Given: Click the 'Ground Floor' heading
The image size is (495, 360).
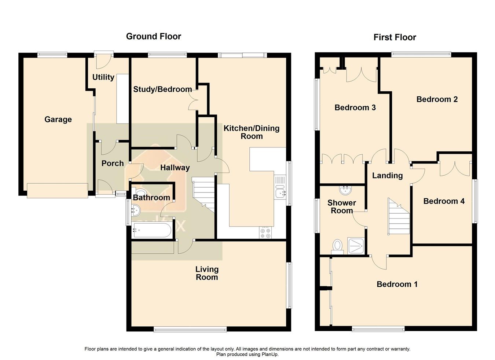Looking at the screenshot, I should (x=153, y=36).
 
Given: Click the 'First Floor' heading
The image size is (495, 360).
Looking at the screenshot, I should (x=395, y=37).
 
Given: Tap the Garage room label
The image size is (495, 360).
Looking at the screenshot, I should (x=58, y=120).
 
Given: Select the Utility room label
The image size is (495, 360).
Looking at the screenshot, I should (x=103, y=77).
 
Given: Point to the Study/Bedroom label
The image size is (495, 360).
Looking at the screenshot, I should (x=162, y=89).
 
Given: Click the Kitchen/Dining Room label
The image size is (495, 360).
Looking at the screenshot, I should (x=252, y=132).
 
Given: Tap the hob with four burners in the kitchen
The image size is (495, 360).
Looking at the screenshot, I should (x=265, y=233).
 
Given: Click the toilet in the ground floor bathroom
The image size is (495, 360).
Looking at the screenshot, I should (x=140, y=192).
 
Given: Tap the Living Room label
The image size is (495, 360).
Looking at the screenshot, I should (x=207, y=273).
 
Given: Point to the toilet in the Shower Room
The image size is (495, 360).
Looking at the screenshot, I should (x=338, y=246).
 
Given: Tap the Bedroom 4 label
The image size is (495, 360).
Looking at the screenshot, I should (x=444, y=201).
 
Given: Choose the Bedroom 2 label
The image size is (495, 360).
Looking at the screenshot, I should (x=437, y=99).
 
